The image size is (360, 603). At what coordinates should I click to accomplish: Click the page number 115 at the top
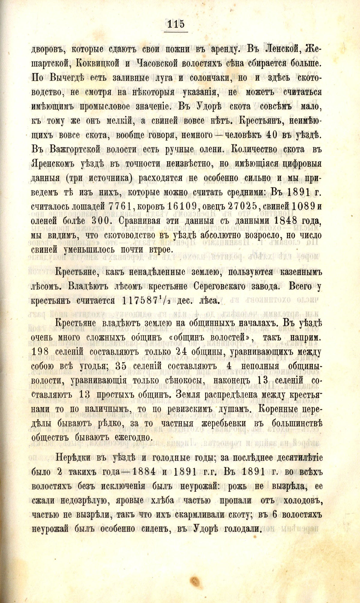176,23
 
